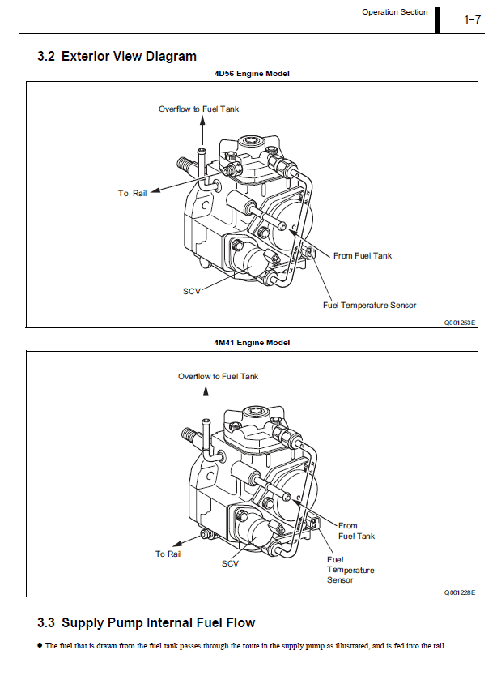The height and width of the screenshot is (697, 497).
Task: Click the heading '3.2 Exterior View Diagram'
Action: [x=117, y=56]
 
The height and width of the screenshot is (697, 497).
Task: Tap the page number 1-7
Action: [x=473, y=19]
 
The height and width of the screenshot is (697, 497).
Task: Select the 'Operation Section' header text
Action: [x=394, y=12]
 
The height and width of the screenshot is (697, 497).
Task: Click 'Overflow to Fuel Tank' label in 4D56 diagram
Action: [x=198, y=109]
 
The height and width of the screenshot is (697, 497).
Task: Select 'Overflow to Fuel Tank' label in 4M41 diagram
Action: [x=219, y=376]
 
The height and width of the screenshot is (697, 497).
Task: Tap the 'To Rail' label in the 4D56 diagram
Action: [x=133, y=193]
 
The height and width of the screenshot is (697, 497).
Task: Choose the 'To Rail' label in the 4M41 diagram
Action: [x=168, y=554]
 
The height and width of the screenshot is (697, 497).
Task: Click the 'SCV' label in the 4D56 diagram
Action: [x=191, y=290]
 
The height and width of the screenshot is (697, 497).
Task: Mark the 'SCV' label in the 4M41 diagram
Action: [x=230, y=563]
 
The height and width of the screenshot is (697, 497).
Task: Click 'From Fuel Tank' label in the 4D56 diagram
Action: [x=363, y=255]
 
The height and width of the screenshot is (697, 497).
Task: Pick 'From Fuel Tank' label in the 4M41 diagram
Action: [x=356, y=531]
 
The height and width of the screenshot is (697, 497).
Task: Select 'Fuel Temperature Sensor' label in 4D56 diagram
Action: [x=370, y=305]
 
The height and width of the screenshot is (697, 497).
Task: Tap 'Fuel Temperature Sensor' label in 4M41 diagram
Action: [x=350, y=569]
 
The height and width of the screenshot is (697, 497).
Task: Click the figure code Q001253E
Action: [x=460, y=322]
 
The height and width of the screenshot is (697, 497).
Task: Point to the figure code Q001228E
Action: [x=460, y=592]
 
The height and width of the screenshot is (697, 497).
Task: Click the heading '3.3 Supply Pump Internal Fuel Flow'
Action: [x=146, y=622]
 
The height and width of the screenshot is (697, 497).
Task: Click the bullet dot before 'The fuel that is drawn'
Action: [x=40, y=645]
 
